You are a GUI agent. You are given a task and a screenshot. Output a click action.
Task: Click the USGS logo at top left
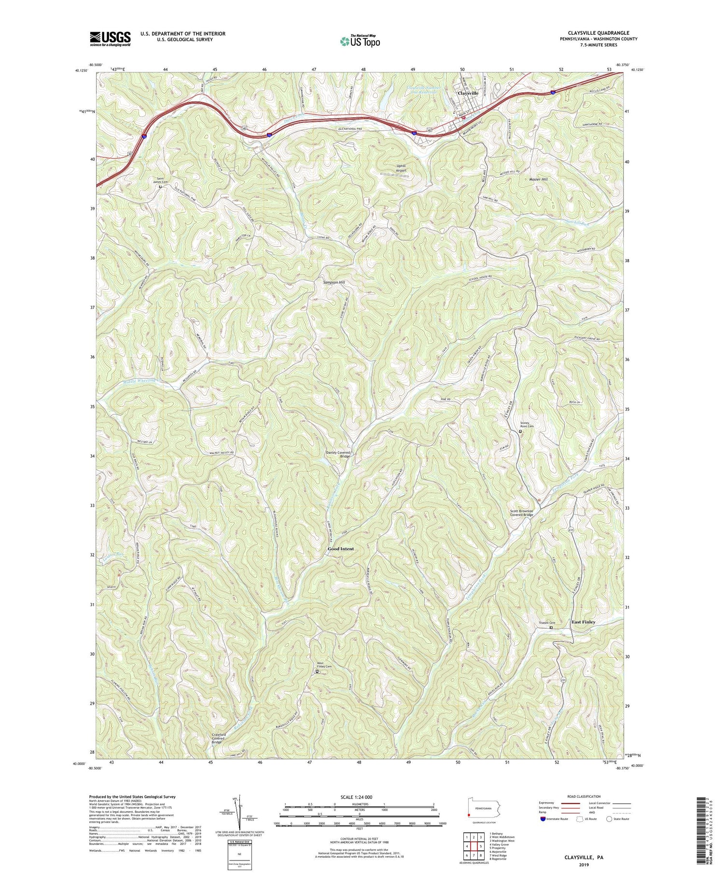pyautogui.click(x=110, y=39)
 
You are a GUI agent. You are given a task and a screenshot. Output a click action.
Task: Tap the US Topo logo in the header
pyautogui.click(x=360, y=42)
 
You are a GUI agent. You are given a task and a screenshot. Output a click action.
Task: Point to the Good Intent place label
pyautogui.click(x=341, y=549)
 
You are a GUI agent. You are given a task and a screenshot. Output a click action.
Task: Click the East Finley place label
pyautogui.click(x=583, y=622)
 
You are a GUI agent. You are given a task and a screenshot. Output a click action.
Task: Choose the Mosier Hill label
pyautogui.click(x=538, y=179)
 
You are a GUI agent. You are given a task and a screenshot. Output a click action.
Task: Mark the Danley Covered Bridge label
pyautogui.click(x=338, y=454)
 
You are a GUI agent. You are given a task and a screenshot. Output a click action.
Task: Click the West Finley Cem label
pyautogui.click(x=324, y=667)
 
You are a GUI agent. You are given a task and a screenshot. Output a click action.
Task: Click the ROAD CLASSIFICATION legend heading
pyautogui.click(x=584, y=796)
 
